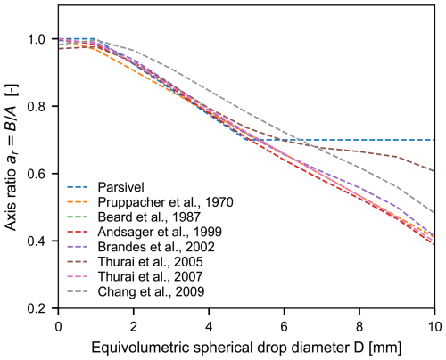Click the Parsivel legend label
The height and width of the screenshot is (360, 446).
tap(121, 187)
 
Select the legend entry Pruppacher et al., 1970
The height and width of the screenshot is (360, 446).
tap(166, 202)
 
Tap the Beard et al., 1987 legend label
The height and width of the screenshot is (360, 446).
tap(149, 217)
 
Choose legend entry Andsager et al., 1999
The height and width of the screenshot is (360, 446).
tap(160, 232)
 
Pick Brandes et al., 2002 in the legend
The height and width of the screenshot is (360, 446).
tap(156, 247)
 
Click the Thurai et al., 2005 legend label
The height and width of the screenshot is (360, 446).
tap(151, 262)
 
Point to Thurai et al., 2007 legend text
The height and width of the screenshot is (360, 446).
tap(151, 276)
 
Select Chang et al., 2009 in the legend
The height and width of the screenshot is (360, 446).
tap(151, 291)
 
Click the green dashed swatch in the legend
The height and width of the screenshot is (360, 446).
tap(78, 217)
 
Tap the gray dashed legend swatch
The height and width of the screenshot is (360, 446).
tap(78, 291)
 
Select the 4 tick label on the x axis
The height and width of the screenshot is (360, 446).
tap(209, 327)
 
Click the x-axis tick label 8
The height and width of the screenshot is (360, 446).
tap(359, 327)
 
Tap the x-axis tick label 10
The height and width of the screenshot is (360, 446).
tap(434, 327)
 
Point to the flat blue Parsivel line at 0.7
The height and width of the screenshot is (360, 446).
tap(341, 140)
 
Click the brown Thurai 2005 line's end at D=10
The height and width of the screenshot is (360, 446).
tap(434, 171)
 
